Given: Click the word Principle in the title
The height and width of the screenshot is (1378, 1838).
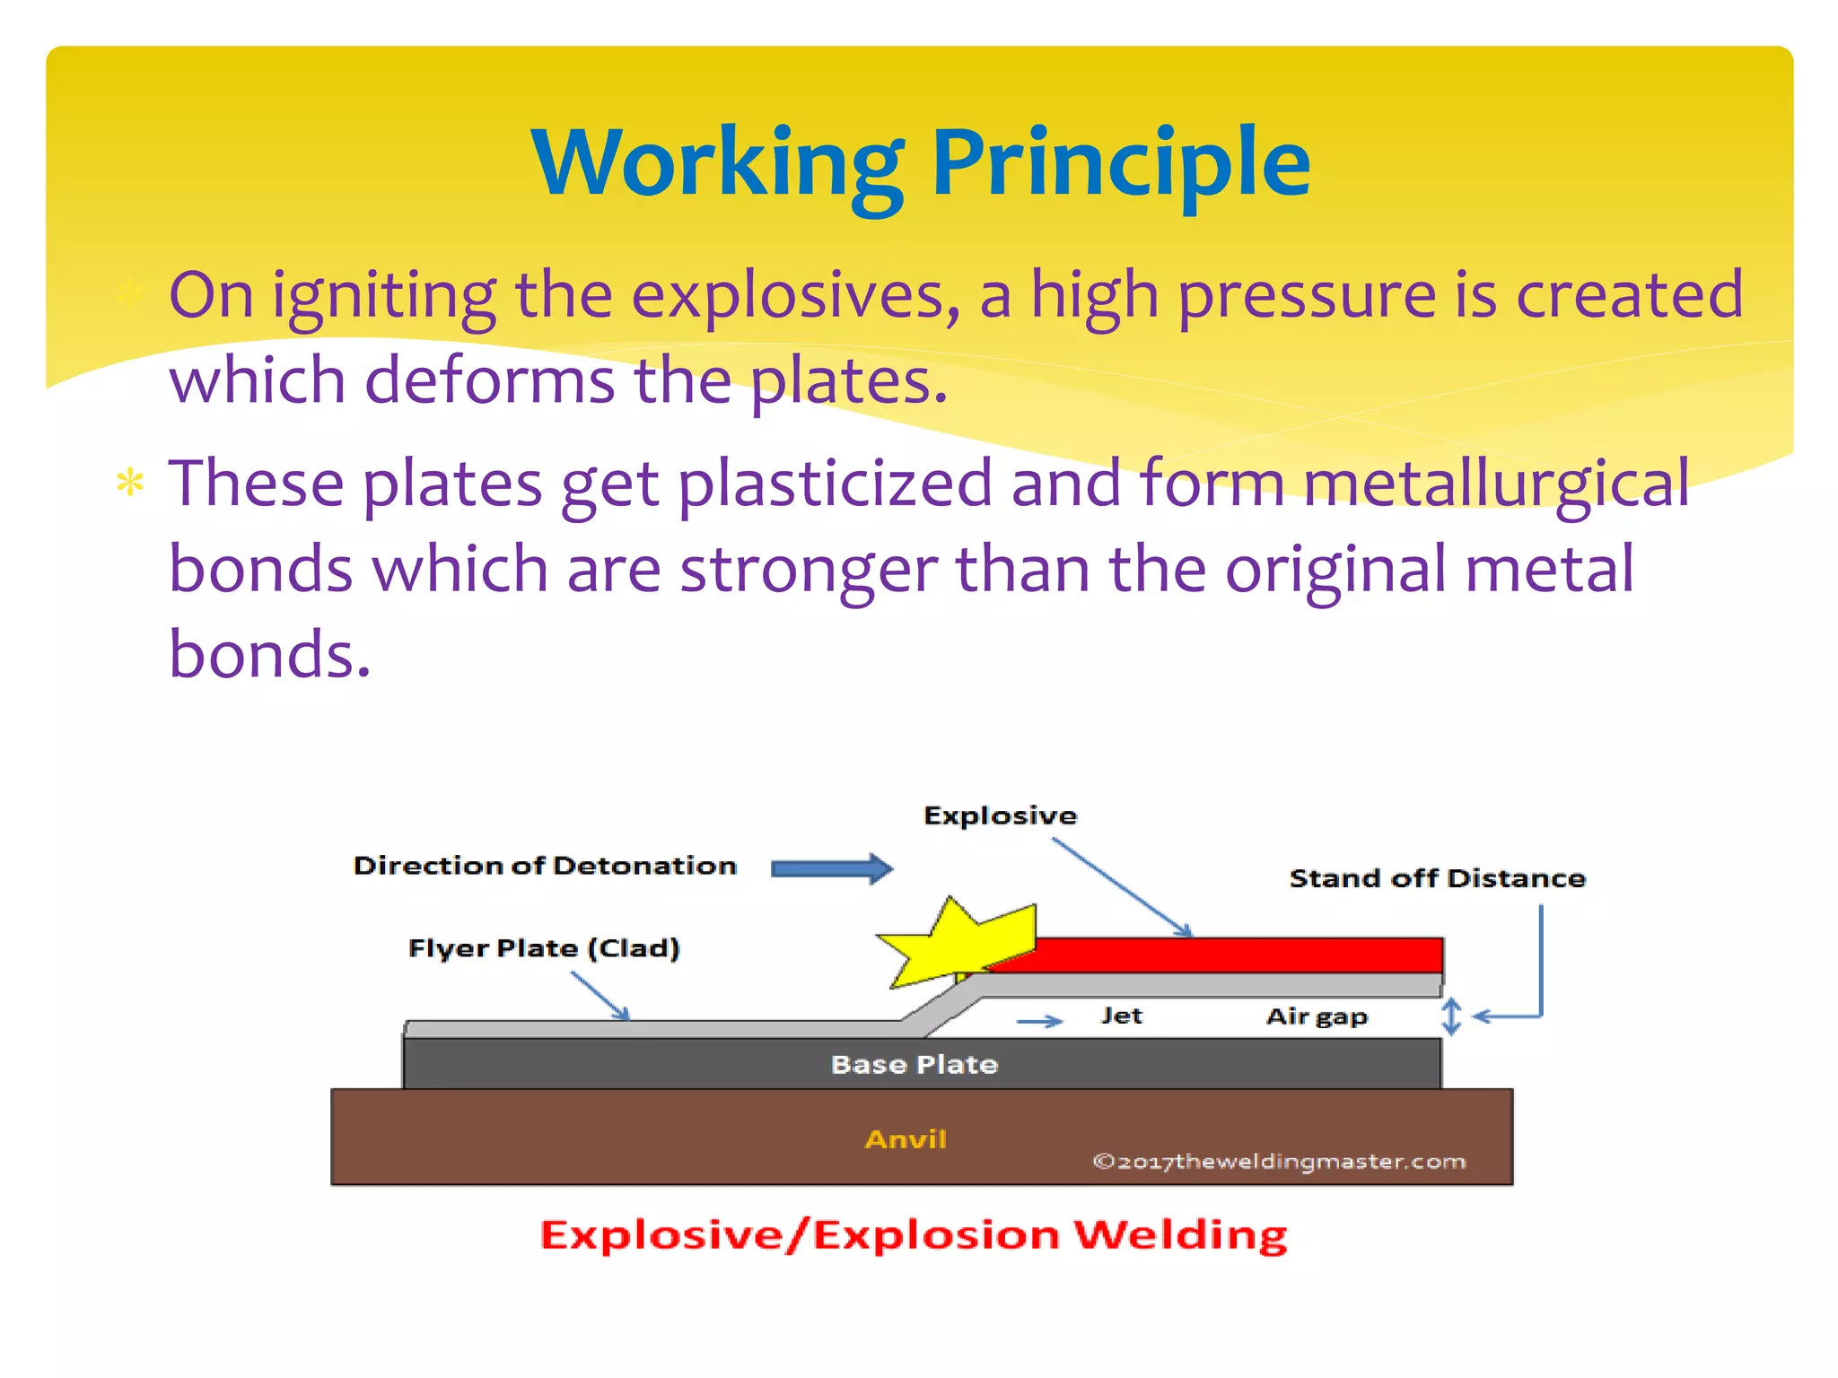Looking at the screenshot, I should (x=1122, y=163).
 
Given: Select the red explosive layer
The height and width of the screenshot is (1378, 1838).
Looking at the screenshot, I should (x=1238, y=955).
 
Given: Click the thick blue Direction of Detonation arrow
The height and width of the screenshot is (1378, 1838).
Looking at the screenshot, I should (x=831, y=868).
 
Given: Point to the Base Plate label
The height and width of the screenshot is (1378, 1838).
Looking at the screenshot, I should (x=915, y=1065).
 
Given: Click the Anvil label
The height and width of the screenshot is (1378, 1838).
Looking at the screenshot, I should (x=906, y=1139).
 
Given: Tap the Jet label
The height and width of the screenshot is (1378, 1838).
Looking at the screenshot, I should (x=1122, y=1016).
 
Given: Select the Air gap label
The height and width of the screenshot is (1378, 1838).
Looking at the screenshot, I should (x=1317, y=1016).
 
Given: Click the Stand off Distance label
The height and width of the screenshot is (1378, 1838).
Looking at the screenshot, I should (x=1437, y=878).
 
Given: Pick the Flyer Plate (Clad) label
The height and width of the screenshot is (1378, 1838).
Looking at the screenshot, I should (x=544, y=948).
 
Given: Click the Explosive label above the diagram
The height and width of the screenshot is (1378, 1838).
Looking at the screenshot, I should (x=1000, y=815).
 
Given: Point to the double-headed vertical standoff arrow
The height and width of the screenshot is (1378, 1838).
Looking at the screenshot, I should (x=1451, y=1016).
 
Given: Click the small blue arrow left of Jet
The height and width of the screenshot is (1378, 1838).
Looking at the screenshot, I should (x=1039, y=1021).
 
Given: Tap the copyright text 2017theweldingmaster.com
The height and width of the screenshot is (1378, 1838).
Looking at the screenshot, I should (x=1279, y=1162).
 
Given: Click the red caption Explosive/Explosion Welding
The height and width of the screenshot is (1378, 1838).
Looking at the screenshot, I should (x=914, y=1235).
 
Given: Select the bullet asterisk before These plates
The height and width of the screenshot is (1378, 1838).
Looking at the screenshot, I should (x=130, y=484).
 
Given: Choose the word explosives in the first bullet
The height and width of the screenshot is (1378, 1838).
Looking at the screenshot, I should (x=795, y=296).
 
